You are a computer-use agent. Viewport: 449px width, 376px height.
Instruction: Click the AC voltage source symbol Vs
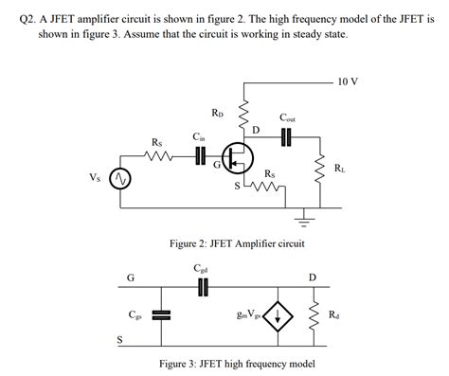point(119,178)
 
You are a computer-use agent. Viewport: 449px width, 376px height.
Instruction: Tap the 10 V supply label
point(347,81)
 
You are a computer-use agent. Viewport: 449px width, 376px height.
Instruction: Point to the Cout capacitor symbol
point(288,136)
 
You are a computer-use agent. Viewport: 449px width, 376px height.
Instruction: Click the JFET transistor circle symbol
point(237,157)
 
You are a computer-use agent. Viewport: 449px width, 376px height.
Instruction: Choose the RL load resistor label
point(339,169)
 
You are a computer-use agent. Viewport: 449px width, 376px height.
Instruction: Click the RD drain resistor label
point(218,113)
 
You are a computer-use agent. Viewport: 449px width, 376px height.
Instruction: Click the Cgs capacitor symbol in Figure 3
point(161,315)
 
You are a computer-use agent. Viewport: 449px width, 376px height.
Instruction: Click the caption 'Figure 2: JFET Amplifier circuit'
point(237,243)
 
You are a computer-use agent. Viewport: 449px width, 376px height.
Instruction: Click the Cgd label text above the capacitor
point(201,269)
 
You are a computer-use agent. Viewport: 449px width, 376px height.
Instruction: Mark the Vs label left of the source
point(94,177)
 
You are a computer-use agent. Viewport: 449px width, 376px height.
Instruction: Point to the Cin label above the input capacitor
point(198,136)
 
